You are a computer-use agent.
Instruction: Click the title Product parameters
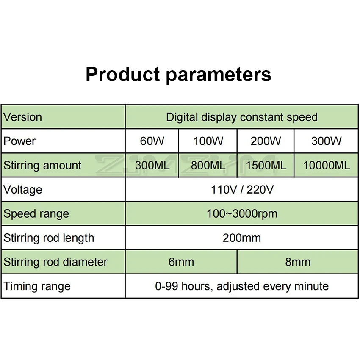coord(178,75)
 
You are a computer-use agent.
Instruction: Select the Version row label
coord(23,117)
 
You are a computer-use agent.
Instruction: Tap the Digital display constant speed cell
coord(242,117)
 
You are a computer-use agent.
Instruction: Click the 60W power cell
coord(152,141)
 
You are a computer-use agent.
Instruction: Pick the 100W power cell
coord(208,141)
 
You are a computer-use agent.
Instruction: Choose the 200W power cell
coord(266,141)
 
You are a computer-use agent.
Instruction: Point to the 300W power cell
coord(326,141)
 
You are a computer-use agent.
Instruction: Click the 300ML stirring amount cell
coord(152,165)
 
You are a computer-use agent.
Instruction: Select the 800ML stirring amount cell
coord(208,165)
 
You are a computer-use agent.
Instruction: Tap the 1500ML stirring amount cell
coord(266,165)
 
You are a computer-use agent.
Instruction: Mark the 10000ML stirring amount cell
coord(327,165)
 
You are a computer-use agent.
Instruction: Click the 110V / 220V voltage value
coord(242,190)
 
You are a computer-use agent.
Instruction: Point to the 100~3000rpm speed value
coord(242,214)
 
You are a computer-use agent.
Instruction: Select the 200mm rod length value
coord(242,238)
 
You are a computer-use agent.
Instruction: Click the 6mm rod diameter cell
coord(181,262)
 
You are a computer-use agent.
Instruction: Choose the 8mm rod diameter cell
coord(298,262)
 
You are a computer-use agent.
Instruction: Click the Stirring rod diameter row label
coord(55,262)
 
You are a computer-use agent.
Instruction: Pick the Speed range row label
coord(36,214)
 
